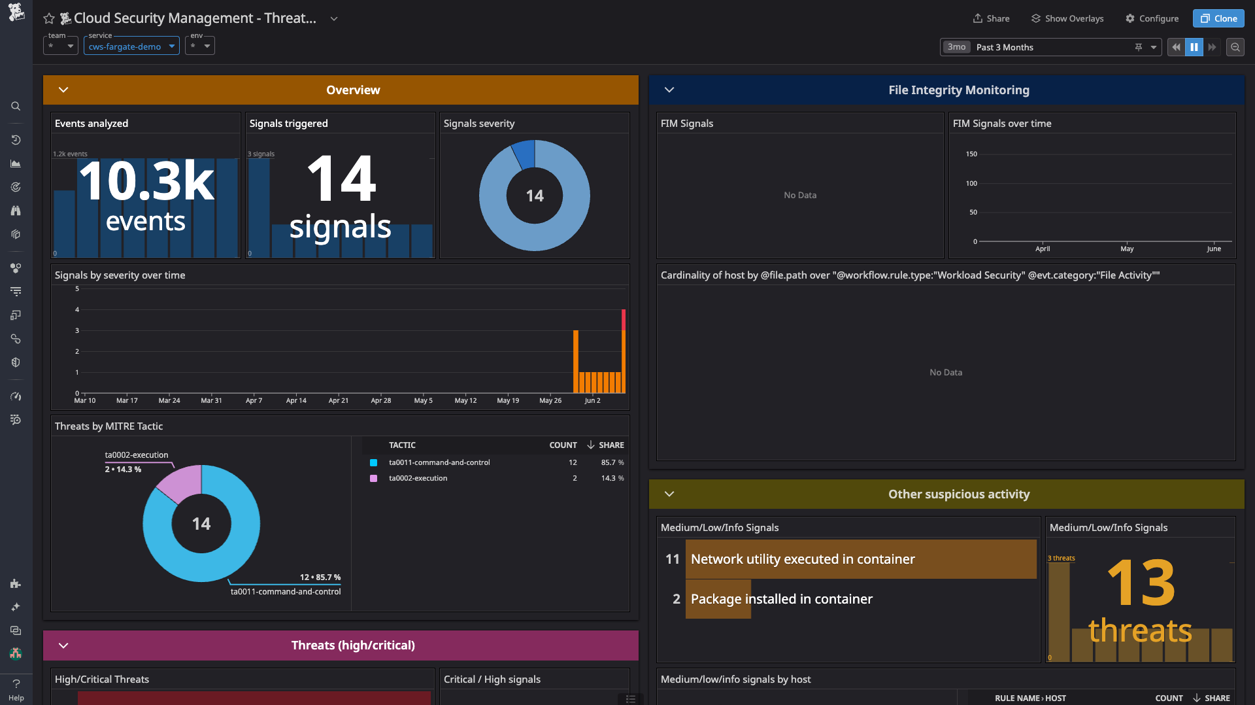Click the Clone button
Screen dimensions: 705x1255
click(x=1218, y=18)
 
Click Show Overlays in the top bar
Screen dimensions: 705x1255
click(x=1067, y=18)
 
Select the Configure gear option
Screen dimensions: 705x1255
click(x=1152, y=18)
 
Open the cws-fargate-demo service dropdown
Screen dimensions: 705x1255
click(x=131, y=46)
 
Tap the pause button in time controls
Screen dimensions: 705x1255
click(x=1194, y=47)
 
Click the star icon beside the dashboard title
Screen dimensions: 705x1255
click(x=49, y=18)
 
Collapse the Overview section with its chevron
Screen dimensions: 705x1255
click(x=63, y=90)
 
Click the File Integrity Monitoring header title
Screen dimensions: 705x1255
click(x=958, y=90)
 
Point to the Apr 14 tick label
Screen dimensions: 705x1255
click(x=296, y=400)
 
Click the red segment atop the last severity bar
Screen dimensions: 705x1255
click(x=624, y=320)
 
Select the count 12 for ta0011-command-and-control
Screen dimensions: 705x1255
click(x=573, y=462)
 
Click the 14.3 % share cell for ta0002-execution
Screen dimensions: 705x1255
click(x=612, y=478)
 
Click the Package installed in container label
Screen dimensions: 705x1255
click(x=781, y=599)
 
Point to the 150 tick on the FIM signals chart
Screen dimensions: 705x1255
click(x=971, y=154)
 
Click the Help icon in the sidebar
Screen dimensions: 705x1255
click(x=16, y=689)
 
